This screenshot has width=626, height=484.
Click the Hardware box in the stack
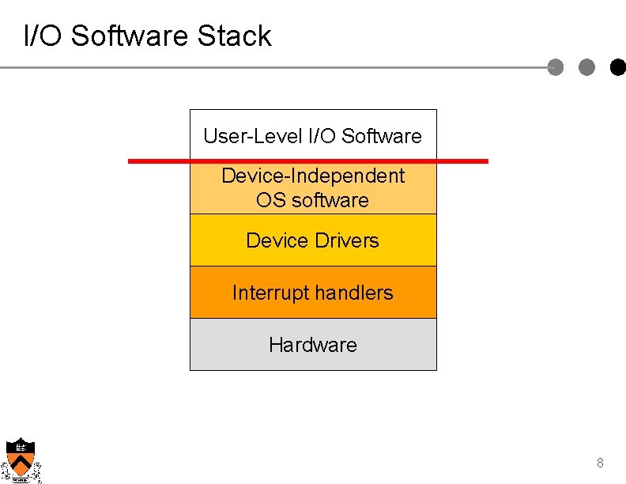point(313,345)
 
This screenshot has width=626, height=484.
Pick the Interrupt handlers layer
point(313,293)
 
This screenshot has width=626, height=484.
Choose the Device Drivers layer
point(313,240)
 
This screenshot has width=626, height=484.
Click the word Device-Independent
point(313,176)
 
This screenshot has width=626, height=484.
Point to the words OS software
point(313,200)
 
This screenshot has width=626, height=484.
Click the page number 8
point(600,463)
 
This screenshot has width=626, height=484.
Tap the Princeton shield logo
point(20,459)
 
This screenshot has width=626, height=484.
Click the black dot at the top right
point(618,68)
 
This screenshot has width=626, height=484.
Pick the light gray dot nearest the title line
point(556,68)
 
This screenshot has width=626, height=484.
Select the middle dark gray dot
point(587,68)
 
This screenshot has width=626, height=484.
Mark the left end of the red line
point(130,161)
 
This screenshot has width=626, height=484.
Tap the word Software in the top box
point(382,136)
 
